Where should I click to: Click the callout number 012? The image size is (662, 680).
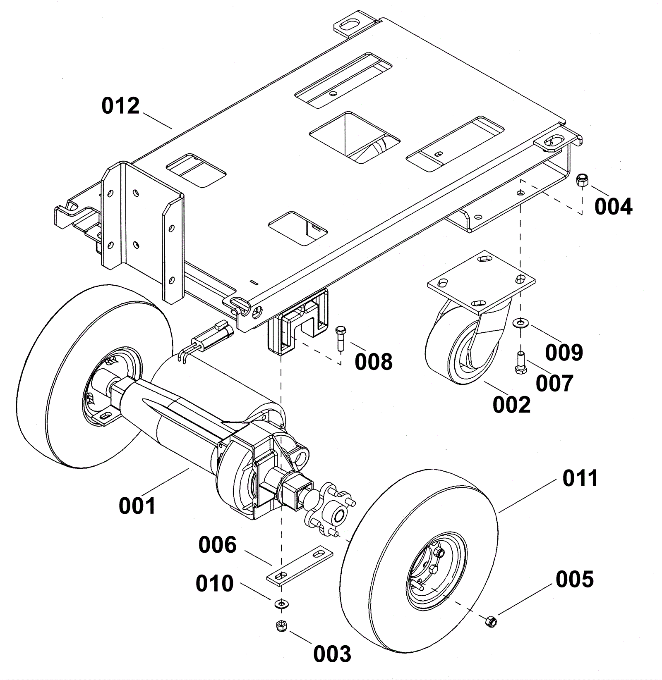[121, 106]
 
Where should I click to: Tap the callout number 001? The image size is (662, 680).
[137, 506]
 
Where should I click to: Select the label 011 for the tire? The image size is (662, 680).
[580, 478]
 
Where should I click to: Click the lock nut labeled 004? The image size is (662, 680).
[583, 180]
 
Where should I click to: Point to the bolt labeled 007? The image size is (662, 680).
[520, 363]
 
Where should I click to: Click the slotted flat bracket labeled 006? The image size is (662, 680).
[300, 566]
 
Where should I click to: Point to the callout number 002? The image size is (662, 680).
[511, 405]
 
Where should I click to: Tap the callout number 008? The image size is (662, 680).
[373, 362]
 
